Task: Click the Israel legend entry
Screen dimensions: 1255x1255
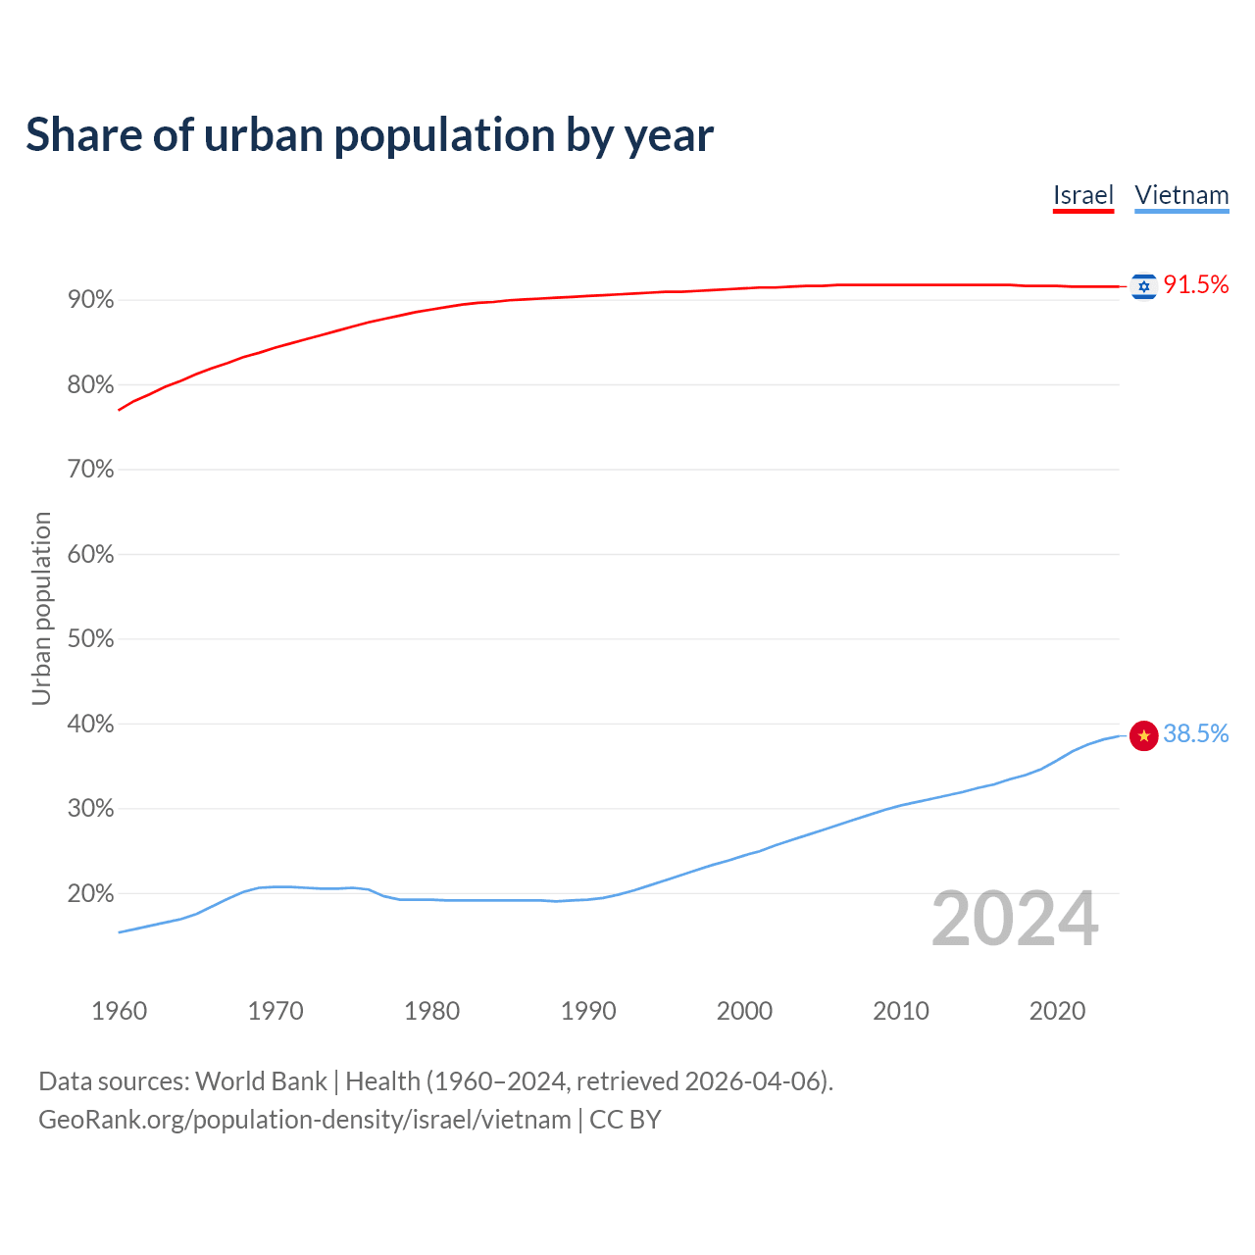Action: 1082,195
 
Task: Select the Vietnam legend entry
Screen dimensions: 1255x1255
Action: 1181,195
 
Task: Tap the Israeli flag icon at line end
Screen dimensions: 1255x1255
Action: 1143,285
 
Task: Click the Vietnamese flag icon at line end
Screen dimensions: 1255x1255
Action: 1143,734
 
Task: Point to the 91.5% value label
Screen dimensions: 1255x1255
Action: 1195,285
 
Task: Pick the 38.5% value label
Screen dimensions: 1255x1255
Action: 1195,734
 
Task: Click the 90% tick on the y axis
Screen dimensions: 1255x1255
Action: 90,300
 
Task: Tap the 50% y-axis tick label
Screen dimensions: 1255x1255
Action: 90,639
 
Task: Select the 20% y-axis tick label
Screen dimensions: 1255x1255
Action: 90,894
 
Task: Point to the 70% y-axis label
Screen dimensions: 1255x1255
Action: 90,470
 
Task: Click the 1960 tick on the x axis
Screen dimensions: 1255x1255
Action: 119,1011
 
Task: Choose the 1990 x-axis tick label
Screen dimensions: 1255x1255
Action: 588,1011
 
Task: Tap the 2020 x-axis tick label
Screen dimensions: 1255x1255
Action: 1057,1011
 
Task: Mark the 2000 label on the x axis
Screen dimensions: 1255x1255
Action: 744,1011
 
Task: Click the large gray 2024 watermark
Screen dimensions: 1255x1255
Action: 1014,919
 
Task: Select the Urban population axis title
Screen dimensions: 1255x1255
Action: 41,608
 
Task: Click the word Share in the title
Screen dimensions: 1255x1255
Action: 82,135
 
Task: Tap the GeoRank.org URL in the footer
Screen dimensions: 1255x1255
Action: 304,1120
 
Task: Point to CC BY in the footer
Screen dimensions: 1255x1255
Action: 625,1120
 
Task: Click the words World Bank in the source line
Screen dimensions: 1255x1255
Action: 261,1081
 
